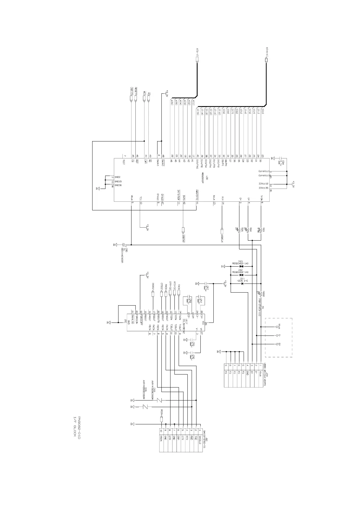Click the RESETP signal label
[136, 91]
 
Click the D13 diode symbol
[241, 266]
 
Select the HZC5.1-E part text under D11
[242, 281]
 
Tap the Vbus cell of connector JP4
[261, 375]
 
